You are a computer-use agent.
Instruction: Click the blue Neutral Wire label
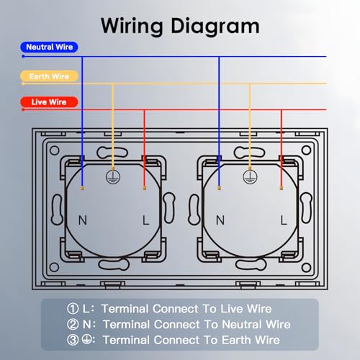[x=49, y=47]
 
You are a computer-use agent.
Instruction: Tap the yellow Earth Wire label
[x=49, y=76]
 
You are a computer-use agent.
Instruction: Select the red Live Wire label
[x=49, y=102]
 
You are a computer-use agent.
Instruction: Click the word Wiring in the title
[x=132, y=27]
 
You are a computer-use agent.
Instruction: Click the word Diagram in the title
[x=215, y=27]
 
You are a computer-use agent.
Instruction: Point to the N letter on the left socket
[x=83, y=220]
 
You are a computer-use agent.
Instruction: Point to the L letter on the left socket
[x=145, y=220]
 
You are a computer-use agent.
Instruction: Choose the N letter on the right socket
[x=220, y=220]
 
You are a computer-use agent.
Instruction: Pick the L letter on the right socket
[x=284, y=220]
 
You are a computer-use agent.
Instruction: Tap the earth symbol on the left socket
[x=113, y=177]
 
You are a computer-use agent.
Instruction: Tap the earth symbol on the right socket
[x=250, y=177]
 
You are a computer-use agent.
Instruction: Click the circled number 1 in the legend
[x=73, y=309]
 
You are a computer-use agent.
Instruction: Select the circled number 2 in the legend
[x=73, y=325]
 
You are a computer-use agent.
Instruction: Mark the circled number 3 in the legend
[x=73, y=340]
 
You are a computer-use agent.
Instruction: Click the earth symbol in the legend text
[x=86, y=339]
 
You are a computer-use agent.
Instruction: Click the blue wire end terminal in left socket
[x=82, y=188]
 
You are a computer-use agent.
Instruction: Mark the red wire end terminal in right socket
[x=282, y=188]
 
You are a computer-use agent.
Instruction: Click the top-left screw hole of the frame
[x=55, y=150]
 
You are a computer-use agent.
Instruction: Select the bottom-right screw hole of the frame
[x=306, y=267]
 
